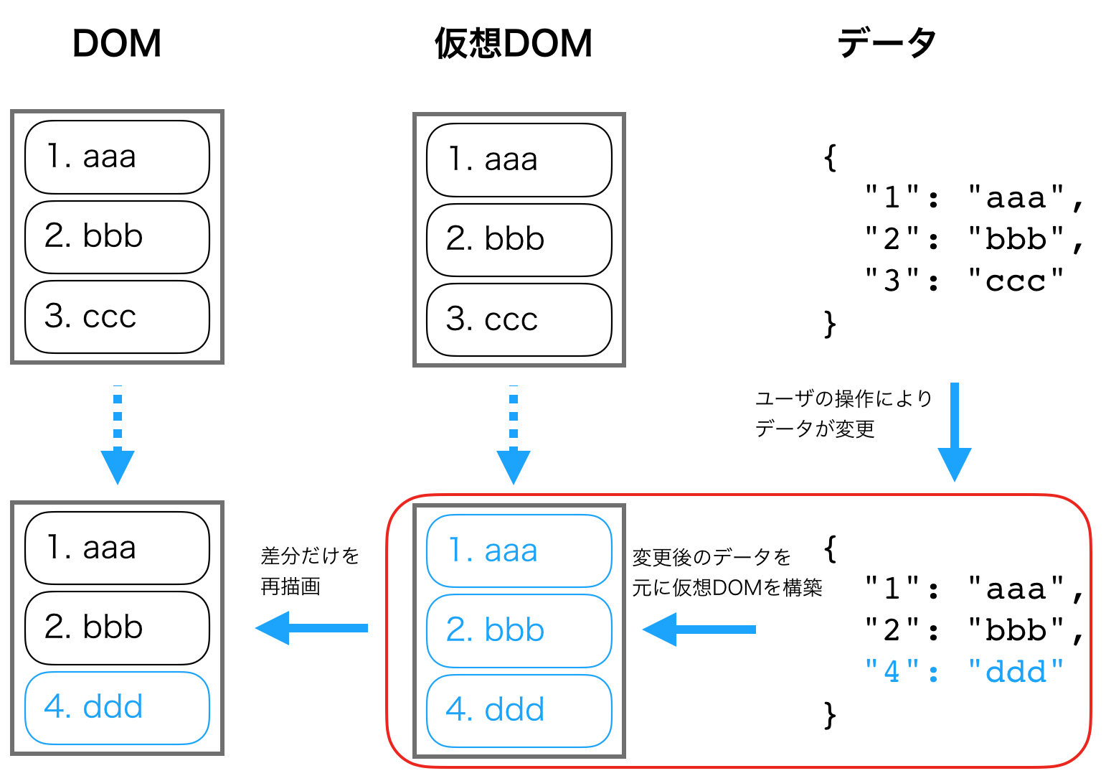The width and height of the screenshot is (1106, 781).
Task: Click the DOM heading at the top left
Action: point(117,44)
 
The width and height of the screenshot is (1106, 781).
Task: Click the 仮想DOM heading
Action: point(514,44)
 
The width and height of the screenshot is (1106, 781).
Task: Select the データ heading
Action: point(887,44)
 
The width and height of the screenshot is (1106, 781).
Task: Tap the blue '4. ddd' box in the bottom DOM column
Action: point(117,708)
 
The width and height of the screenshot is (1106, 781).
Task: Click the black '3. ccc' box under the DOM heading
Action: point(117,317)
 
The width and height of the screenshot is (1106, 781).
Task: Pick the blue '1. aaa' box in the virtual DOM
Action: point(519,551)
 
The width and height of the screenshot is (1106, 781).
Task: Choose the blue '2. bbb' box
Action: point(519,630)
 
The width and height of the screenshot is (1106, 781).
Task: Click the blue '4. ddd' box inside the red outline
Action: point(519,710)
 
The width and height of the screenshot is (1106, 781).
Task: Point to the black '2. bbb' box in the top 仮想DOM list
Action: point(519,240)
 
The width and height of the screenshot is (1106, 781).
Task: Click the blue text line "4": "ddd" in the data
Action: point(964,672)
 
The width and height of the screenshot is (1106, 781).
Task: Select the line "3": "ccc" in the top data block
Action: point(964,281)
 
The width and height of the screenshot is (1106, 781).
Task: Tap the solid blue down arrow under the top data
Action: point(954,431)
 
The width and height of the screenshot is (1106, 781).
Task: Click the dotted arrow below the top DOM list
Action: point(118,435)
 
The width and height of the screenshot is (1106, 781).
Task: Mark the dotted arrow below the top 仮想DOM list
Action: point(514,435)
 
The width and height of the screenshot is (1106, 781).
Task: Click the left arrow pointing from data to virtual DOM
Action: point(699,630)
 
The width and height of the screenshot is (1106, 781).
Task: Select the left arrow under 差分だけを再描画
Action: point(311,628)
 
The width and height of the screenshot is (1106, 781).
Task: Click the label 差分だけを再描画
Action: point(309,571)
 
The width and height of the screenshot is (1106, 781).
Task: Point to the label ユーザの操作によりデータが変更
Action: point(843,413)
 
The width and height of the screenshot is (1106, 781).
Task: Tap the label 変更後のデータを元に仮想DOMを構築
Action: point(726,572)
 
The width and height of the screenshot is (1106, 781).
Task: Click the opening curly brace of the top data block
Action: point(830,157)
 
